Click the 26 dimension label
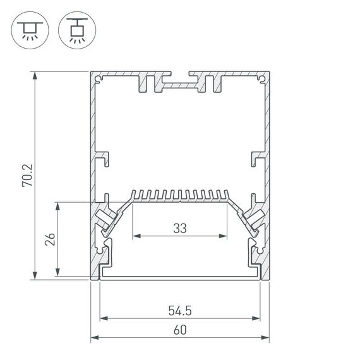pyautogui.click(x=51, y=239)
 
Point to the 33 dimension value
pyautogui.click(x=180, y=229)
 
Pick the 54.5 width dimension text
pyautogui.click(x=180, y=310)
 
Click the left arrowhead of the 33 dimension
pyautogui.click(x=136, y=237)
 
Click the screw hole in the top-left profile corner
pyautogui.click(x=99, y=79)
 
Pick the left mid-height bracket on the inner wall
pyautogui.click(x=102, y=157)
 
